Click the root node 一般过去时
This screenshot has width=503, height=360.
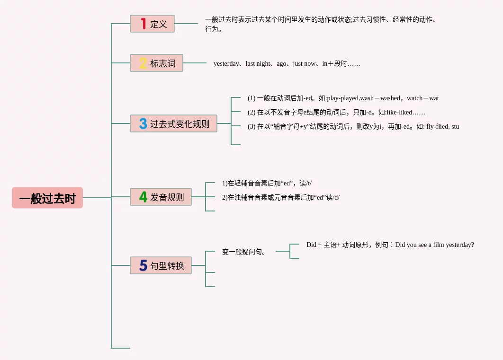(47, 198)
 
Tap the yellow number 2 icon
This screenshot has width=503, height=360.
(143, 63)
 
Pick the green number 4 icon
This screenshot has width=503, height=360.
(143, 197)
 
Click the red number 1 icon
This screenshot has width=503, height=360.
(144, 24)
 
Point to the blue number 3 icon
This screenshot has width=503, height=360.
(143, 123)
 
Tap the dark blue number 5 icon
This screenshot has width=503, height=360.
(143, 265)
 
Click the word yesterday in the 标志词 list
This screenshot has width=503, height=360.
(226, 63)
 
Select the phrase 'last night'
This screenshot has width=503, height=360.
(258, 63)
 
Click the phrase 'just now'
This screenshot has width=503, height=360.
(304, 63)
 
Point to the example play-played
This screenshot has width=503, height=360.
(342, 98)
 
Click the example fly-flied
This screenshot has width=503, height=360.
(437, 127)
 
